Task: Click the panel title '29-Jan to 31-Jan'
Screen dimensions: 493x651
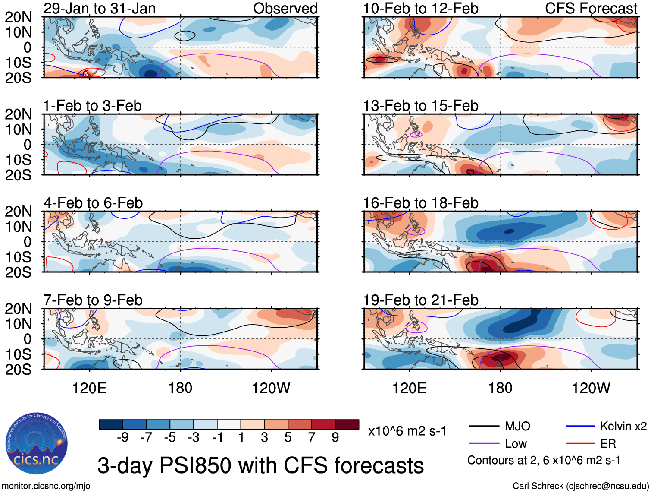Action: click(x=100, y=9)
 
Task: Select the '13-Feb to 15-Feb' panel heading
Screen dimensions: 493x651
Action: click(x=420, y=106)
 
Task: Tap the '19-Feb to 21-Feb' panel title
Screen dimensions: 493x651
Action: click(x=420, y=300)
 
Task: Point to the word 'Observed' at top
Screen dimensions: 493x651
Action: click(x=285, y=9)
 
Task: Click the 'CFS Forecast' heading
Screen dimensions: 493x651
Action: click(x=591, y=9)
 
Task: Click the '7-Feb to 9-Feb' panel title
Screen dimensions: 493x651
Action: click(x=93, y=300)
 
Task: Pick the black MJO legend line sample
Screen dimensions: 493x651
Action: click(x=484, y=427)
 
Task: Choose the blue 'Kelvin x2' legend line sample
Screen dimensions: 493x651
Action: click(x=580, y=427)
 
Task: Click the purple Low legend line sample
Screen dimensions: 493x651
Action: click(x=484, y=444)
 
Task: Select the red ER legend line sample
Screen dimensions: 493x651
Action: click(x=580, y=444)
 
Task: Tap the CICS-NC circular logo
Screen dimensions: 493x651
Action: click(x=36, y=443)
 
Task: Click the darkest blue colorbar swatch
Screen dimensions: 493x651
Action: click(x=111, y=424)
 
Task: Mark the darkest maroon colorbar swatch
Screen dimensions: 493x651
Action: click(x=347, y=424)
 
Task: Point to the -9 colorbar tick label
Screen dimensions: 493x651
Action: click(x=122, y=438)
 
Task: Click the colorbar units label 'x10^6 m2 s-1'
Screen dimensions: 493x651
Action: click(x=407, y=431)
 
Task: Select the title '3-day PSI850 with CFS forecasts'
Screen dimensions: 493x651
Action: click(x=260, y=465)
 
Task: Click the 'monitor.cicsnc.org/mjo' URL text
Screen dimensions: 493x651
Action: click(x=46, y=486)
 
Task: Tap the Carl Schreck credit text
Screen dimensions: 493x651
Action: click(x=580, y=486)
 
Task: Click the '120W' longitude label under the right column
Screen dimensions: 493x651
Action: click(x=591, y=388)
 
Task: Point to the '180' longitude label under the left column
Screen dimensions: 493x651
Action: click(x=180, y=388)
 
